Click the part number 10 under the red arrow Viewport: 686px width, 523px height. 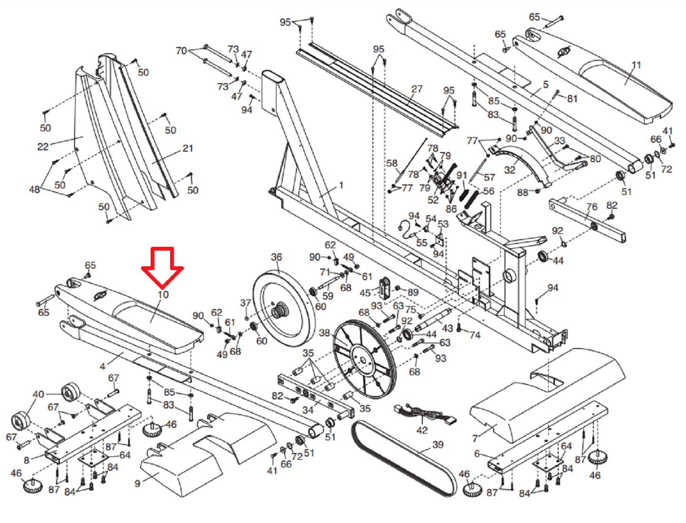point(163,295)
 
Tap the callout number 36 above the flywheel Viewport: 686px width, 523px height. point(276,257)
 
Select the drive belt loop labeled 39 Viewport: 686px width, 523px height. point(404,459)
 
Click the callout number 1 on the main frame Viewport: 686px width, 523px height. point(341,185)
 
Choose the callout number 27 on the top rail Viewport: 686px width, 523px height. point(417,89)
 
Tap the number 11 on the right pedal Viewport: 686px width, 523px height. point(637,65)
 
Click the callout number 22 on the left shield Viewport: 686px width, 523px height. point(43,147)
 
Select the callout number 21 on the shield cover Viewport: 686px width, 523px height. point(188,148)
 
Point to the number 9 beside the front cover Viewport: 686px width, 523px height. point(137,484)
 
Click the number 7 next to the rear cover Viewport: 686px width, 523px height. point(475,438)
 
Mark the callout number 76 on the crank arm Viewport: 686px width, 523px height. point(592,207)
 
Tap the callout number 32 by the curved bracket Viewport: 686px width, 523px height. point(510,170)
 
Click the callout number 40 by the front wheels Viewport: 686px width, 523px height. point(38,394)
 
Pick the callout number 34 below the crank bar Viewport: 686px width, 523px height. point(308,410)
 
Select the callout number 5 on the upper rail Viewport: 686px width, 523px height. point(546,84)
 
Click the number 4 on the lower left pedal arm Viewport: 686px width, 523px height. point(103,367)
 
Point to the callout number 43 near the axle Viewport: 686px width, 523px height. point(448,328)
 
